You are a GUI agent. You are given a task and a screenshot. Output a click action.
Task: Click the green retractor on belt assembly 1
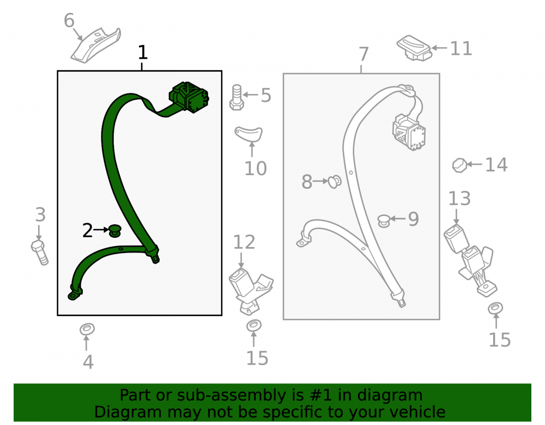189,97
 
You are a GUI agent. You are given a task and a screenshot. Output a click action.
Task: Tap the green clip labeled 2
115,231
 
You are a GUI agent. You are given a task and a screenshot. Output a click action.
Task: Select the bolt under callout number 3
40,252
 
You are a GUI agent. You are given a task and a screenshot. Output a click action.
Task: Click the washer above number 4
87,329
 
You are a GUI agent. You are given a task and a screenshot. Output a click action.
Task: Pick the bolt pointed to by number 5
237,97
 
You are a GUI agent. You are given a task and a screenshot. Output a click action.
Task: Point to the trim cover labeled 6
96,46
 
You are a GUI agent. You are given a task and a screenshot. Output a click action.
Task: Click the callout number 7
364,54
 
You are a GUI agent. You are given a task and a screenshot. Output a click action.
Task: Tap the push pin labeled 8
335,181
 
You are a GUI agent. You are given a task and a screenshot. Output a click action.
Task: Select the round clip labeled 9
384,220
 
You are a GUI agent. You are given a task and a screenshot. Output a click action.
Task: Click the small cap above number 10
248,134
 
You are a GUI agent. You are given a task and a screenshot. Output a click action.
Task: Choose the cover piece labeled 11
414,48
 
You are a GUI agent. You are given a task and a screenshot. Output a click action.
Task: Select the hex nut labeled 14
459,165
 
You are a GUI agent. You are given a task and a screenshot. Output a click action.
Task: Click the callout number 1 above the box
142,52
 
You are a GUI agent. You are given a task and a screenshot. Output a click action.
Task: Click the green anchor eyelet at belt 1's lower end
74,295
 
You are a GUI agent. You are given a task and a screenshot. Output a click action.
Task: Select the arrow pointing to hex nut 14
474,164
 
